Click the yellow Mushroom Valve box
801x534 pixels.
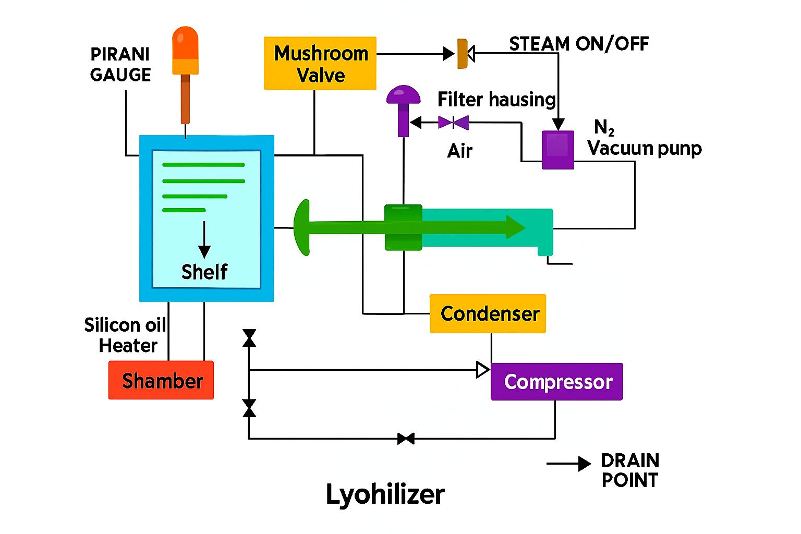320,63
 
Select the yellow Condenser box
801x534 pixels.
488,313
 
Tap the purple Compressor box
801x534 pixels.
556,382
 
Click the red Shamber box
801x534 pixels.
161,380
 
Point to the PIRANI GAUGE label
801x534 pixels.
120,65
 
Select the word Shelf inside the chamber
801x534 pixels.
204,272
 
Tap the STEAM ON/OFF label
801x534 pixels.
579,44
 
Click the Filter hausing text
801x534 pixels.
496,99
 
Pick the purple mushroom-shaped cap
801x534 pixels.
403,95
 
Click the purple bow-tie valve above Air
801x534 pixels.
453,123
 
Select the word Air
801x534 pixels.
459,151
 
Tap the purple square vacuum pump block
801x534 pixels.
558,150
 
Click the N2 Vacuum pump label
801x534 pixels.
644,139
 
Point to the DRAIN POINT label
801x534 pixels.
630,470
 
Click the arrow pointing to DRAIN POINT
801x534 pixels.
569,464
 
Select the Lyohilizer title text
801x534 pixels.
385,494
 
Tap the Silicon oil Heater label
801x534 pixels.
126,335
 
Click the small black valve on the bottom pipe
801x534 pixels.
406,439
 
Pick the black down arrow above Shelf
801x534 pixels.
204,239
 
